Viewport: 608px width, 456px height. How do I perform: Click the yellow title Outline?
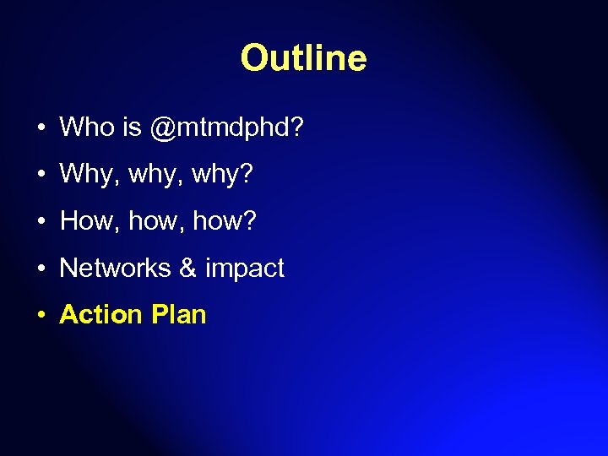[x=303, y=58]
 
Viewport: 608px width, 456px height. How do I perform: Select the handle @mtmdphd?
[x=227, y=128]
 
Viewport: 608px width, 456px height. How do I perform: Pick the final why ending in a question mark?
[x=223, y=176]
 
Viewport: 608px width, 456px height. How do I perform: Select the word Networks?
[x=115, y=268]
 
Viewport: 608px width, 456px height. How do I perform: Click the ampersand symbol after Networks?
[x=187, y=268]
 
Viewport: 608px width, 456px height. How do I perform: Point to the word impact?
[x=245, y=269]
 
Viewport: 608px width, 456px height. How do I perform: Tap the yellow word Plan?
[x=178, y=314]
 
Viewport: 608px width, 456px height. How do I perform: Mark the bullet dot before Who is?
[x=41, y=129]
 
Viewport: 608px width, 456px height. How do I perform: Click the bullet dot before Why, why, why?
[x=41, y=176]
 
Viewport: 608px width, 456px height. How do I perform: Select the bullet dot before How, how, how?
[x=41, y=222]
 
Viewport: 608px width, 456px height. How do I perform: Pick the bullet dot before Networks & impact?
[x=41, y=269]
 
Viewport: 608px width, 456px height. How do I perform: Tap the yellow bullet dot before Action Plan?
[x=41, y=316]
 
